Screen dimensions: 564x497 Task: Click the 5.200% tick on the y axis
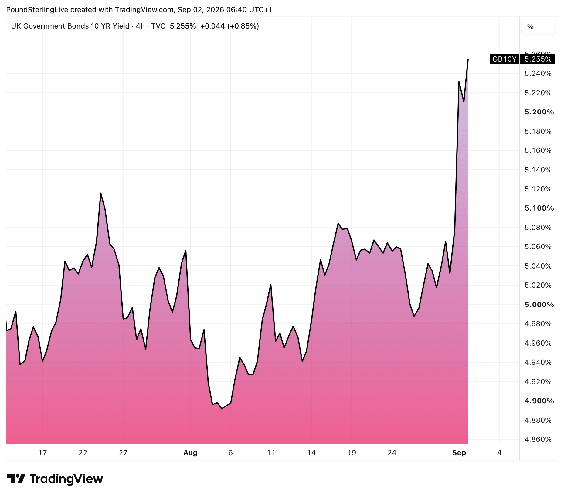539,112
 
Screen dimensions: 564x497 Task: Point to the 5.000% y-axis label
539,305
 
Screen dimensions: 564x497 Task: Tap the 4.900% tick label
539,401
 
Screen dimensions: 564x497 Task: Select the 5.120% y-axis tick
538,189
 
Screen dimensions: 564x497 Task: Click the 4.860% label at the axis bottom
538,439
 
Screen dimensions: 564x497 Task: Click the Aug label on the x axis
190,453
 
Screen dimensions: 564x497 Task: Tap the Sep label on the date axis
459,453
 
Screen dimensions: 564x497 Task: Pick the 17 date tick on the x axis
42,453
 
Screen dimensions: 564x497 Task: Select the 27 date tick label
123,453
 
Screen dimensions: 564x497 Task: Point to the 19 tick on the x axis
352,453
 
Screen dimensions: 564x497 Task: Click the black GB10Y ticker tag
504,59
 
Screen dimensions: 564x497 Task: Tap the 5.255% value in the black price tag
538,59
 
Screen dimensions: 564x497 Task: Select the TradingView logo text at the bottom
66,479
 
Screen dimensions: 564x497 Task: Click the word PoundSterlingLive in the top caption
37,10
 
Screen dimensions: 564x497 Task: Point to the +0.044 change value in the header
212,26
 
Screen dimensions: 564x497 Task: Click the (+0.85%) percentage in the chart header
243,26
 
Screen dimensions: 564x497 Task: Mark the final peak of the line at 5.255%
468,59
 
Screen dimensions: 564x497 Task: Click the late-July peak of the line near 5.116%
101,193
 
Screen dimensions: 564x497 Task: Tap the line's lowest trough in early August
222,409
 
